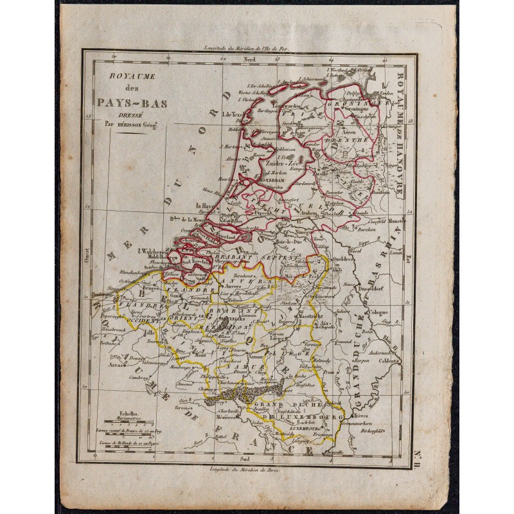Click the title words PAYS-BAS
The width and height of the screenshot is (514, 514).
tap(125, 100)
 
